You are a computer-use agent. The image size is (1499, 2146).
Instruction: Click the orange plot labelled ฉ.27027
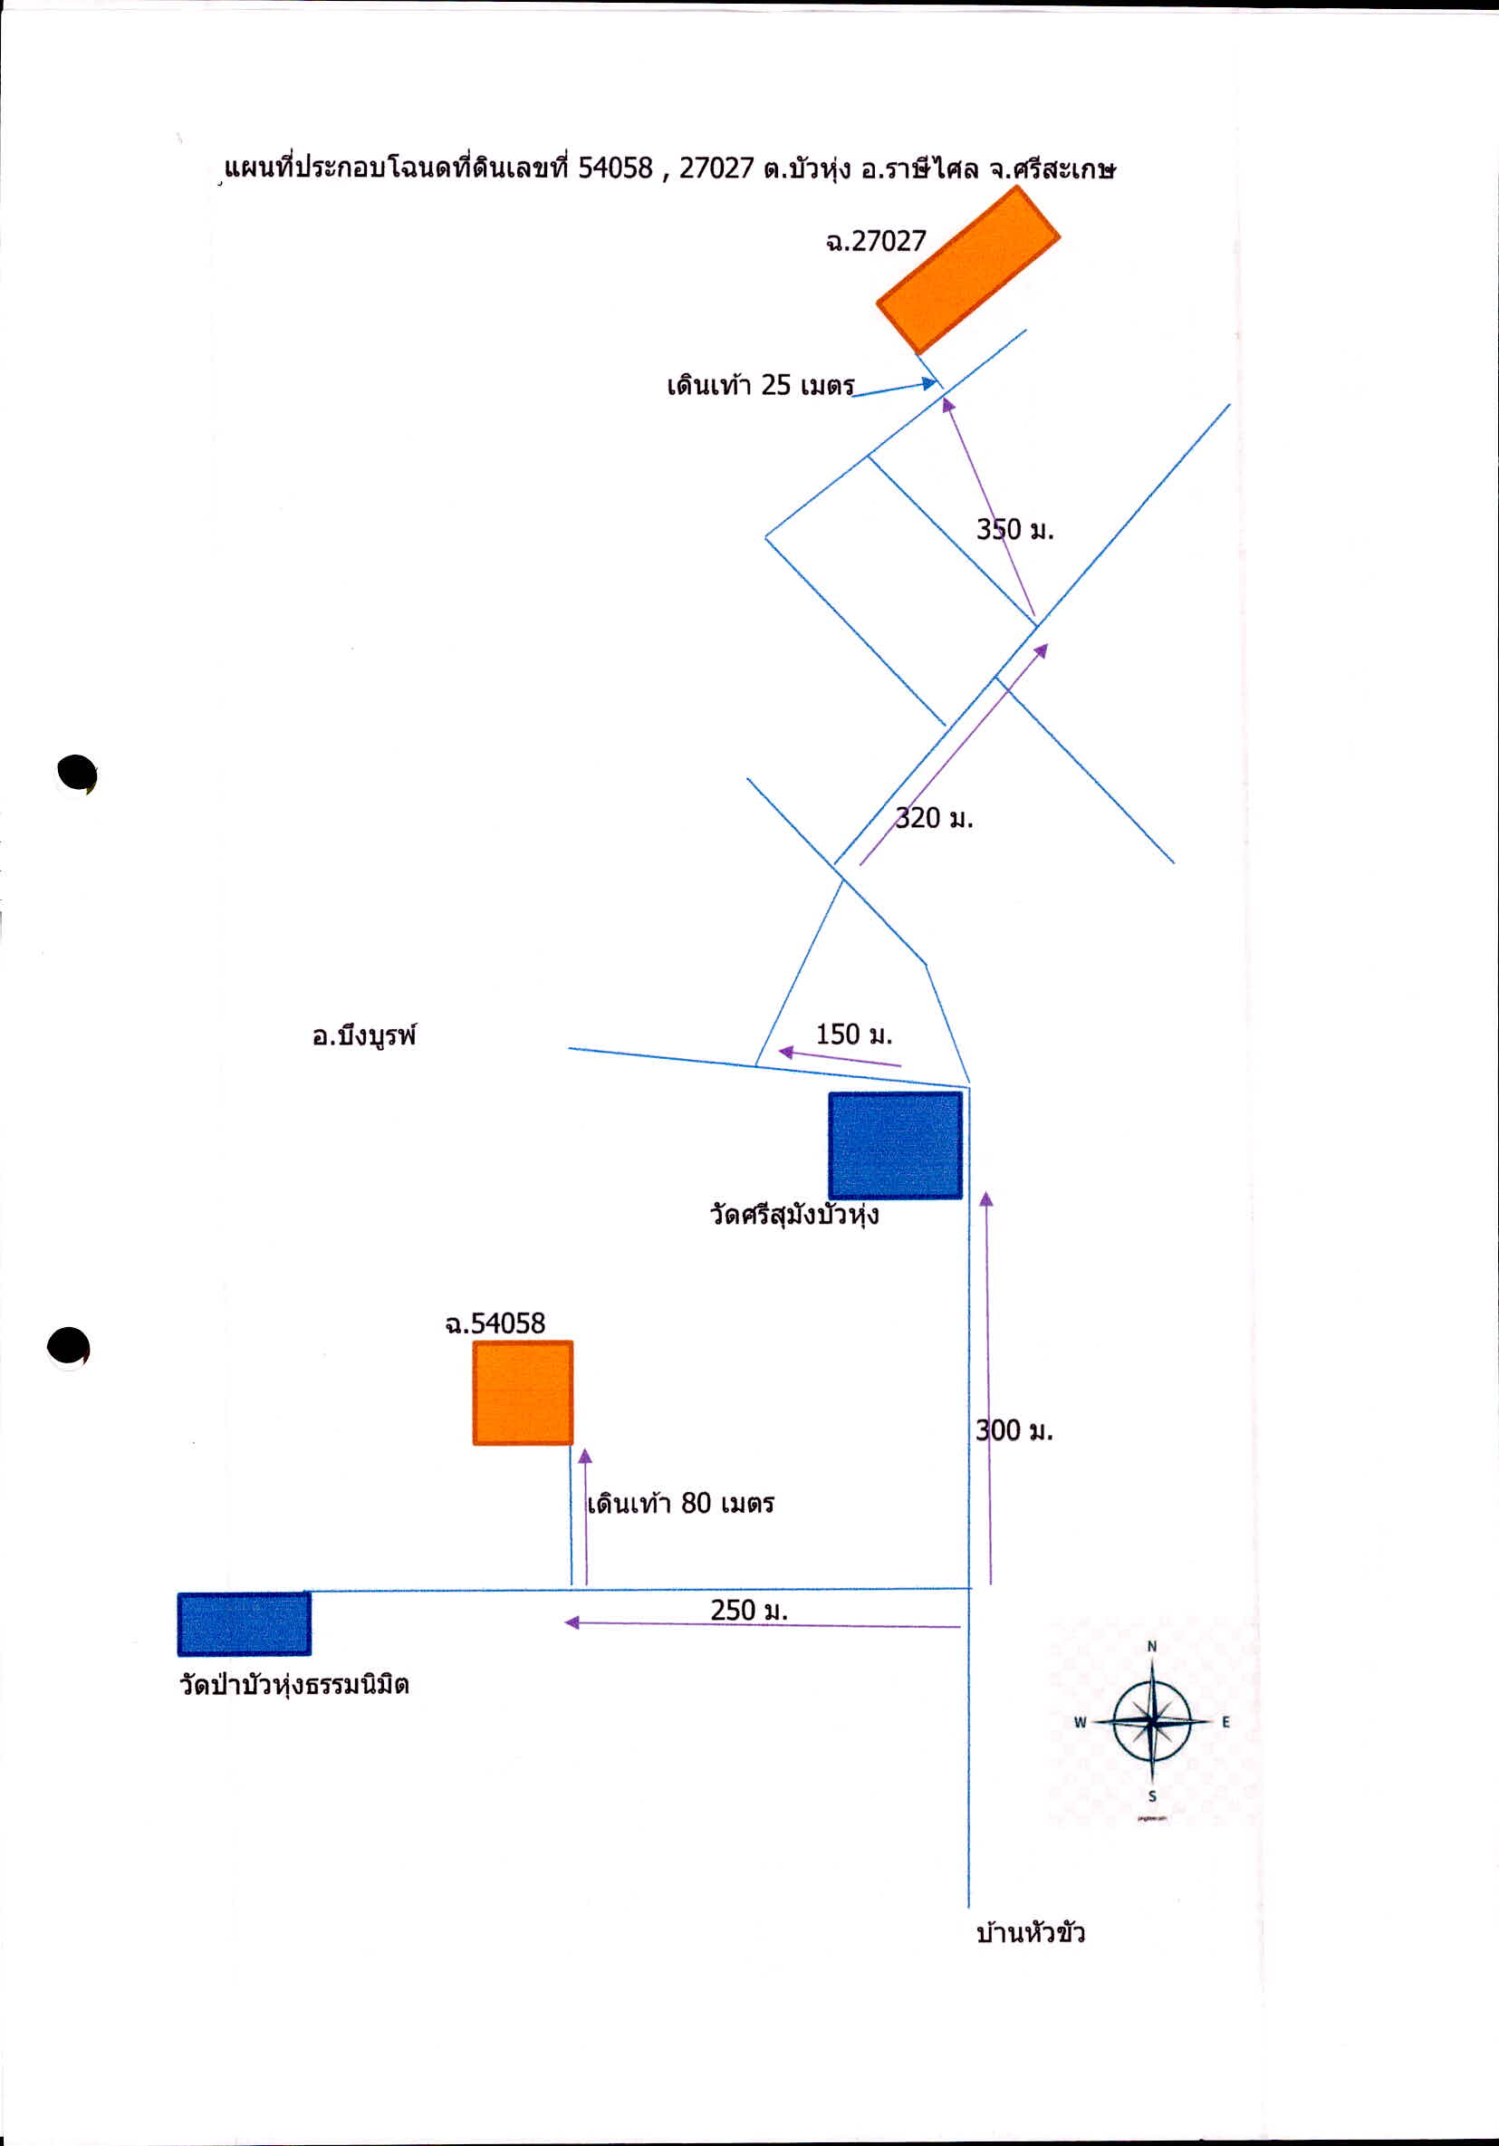pos(967,269)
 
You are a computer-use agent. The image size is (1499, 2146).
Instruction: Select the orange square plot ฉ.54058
pos(523,1392)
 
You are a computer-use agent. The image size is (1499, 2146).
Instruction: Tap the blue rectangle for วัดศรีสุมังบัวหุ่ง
pos(895,1145)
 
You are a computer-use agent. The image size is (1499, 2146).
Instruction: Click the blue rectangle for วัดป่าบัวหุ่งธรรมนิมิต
pos(244,1624)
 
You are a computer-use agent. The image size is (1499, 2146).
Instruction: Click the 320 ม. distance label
pos(934,818)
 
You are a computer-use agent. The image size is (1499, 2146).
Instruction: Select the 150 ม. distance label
pos(854,1035)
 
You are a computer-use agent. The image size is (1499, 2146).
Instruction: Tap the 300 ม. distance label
pos(1014,1430)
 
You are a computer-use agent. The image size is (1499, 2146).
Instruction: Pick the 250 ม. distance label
pos(748,1610)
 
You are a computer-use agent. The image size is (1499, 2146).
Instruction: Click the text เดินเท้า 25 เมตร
pos(761,385)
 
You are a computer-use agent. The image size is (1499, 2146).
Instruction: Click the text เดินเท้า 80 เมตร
pos(680,1503)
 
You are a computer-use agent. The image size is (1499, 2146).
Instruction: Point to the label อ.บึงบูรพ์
pos(364,1036)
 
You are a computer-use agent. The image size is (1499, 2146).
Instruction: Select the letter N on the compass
pos(1152,1647)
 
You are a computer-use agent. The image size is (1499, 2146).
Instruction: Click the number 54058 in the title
pos(615,168)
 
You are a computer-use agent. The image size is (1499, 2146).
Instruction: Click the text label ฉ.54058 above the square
pos(495,1323)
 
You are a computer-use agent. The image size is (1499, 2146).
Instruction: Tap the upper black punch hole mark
pos(77,774)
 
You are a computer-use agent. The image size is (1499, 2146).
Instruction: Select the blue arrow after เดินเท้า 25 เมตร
pos(895,388)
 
